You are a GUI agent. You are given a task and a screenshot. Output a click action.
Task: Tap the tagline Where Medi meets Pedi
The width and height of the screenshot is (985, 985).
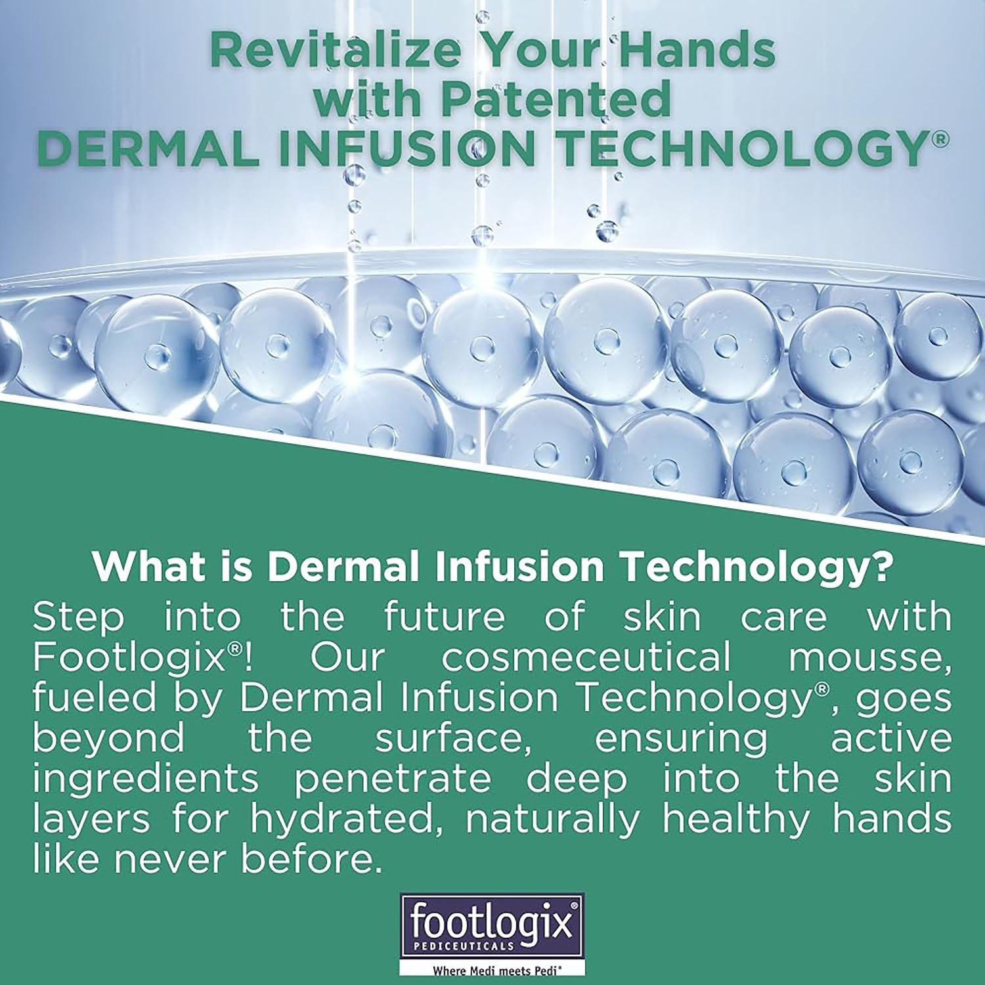click(492, 968)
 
